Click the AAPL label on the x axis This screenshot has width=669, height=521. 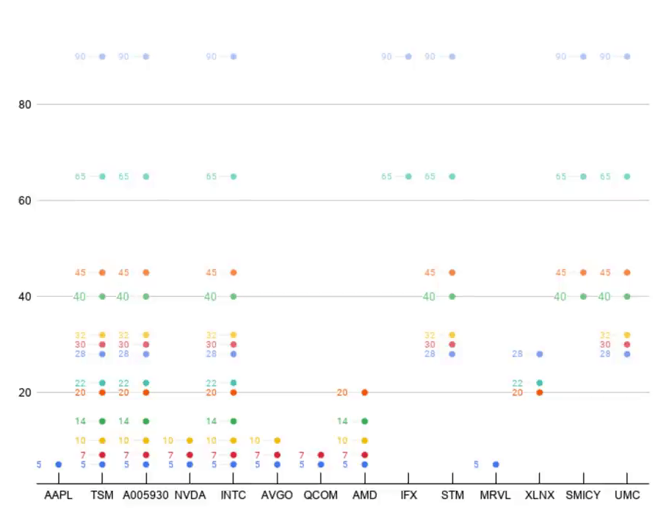pyautogui.click(x=58, y=495)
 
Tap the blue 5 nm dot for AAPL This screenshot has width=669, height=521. pyautogui.click(x=58, y=464)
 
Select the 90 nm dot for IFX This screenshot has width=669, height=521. pyautogui.click(x=408, y=57)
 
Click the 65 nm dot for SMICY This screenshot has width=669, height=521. pyautogui.click(x=583, y=176)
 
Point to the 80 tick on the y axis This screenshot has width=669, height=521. pyautogui.click(x=25, y=104)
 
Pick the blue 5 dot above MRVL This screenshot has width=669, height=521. pyautogui.click(x=496, y=464)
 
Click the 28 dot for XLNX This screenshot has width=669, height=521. pyautogui.click(x=540, y=354)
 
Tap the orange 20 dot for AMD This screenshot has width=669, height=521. pyautogui.click(x=364, y=392)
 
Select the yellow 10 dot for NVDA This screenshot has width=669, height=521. pyautogui.click(x=189, y=440)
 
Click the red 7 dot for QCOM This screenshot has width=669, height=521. pyautogui.click(x=321, y=455)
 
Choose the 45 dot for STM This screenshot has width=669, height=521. pyautogui.click(x=452, y=273)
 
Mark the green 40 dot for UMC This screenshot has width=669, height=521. pyautogui.click(x=626, y=296)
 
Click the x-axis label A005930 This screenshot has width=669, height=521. pyautogui.click(x=145, y=495)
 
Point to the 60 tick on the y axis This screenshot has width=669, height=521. pyautogui.click(x=25, y=200)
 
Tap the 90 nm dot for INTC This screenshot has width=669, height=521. pyautogui.click(x=234, y=57)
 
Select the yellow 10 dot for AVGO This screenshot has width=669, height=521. pyautogui.click(x=277, y=440)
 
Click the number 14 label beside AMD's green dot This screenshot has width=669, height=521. pyautogui.click(x=342, y=421)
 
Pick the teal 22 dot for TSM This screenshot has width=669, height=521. pyautogui.click(x=102, y=383)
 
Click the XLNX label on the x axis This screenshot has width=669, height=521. pyautogui.click(x=540, y=495)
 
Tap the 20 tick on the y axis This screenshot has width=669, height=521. pyautogui.click(x=25, y=392)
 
